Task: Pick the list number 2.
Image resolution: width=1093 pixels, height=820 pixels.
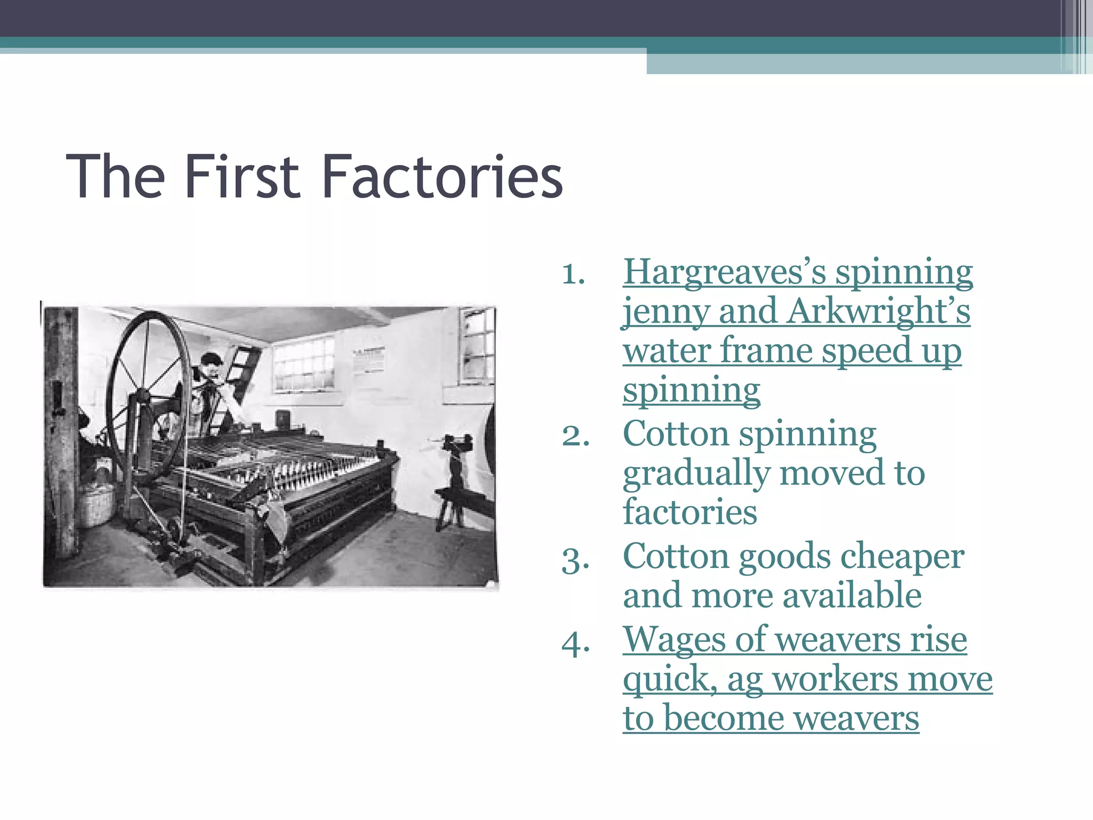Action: coord(575,436)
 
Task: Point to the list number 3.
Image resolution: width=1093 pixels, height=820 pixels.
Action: coord(575,560)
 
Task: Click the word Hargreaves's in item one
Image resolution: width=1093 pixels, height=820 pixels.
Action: coord(724,272)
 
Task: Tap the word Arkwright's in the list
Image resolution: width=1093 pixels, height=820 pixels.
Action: coord(878,311)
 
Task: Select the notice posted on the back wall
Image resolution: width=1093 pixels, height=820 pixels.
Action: coord(368,361)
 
